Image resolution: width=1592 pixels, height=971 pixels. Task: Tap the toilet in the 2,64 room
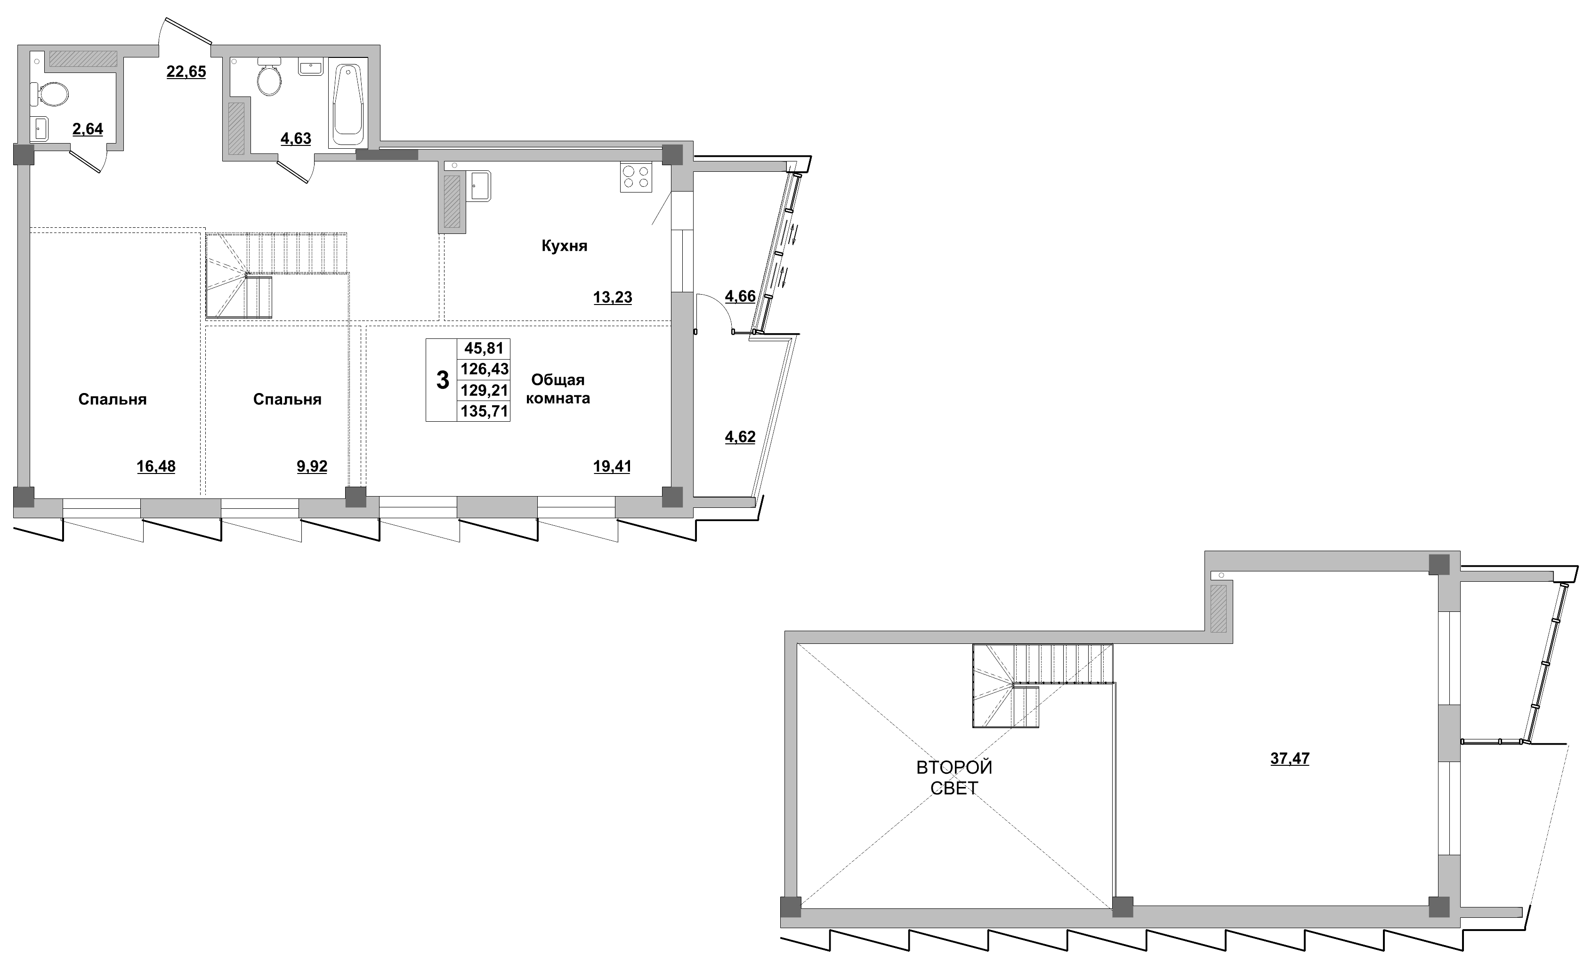(50, 96)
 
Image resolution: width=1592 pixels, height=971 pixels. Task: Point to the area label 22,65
(186, 72)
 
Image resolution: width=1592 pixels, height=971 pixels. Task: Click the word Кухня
(564, 246)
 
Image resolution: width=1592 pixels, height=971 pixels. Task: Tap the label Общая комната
(558, 389)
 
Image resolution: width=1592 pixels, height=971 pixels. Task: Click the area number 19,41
(612, 466)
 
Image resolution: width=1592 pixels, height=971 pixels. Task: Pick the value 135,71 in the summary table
(484, 411)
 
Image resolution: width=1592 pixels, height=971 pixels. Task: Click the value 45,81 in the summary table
(484, 348)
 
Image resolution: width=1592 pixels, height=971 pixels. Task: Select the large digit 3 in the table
(443, 380)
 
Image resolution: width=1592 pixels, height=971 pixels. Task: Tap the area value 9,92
(312, 466)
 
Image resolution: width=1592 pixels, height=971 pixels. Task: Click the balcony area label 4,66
(740, 297)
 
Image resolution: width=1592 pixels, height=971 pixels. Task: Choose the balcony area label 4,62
(740, 437)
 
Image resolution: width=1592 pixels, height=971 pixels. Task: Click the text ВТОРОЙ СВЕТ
(954, 777)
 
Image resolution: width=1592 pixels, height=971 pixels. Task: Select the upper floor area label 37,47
(1290, 758)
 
